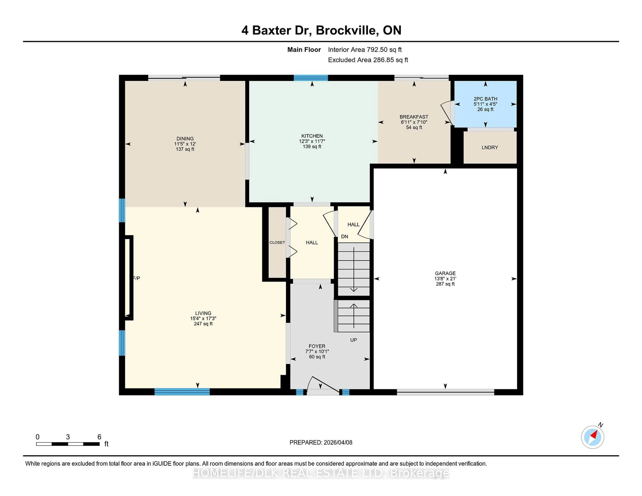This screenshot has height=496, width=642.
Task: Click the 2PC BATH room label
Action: coord(485,99)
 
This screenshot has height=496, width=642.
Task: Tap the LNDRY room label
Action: coord(490,148)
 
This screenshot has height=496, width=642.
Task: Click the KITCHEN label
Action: coord(312,136)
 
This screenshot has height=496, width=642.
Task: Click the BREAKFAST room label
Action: coord(414,117)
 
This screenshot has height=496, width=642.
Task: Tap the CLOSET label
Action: coord(277,242)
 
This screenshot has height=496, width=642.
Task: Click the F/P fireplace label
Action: coord(137,278)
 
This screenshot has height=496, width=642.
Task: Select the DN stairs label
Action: coord(345,236)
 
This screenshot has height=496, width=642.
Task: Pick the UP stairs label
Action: coord(353,340)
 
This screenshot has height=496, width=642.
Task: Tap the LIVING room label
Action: coord(203,313)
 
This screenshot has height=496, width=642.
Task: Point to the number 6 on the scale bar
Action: coord(99,437)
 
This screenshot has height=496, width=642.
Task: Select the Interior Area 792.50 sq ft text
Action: coord(365,50)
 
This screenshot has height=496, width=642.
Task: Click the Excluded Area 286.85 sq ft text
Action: coord(368,60)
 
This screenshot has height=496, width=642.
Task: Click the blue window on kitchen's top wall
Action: coord(311,78)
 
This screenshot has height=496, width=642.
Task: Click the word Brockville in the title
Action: coord(347,30)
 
